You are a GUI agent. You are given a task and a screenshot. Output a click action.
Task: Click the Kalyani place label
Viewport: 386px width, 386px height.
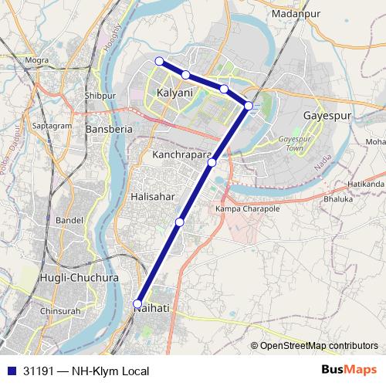click(x=174, y=93)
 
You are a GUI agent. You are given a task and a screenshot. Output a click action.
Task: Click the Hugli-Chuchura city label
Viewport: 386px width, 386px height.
click(x=79, y=277)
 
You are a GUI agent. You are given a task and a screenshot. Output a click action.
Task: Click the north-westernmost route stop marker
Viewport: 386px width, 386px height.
click(x=159, y=61)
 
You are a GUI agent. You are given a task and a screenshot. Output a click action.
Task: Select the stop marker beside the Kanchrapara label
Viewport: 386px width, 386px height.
click(x=212, y=162)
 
